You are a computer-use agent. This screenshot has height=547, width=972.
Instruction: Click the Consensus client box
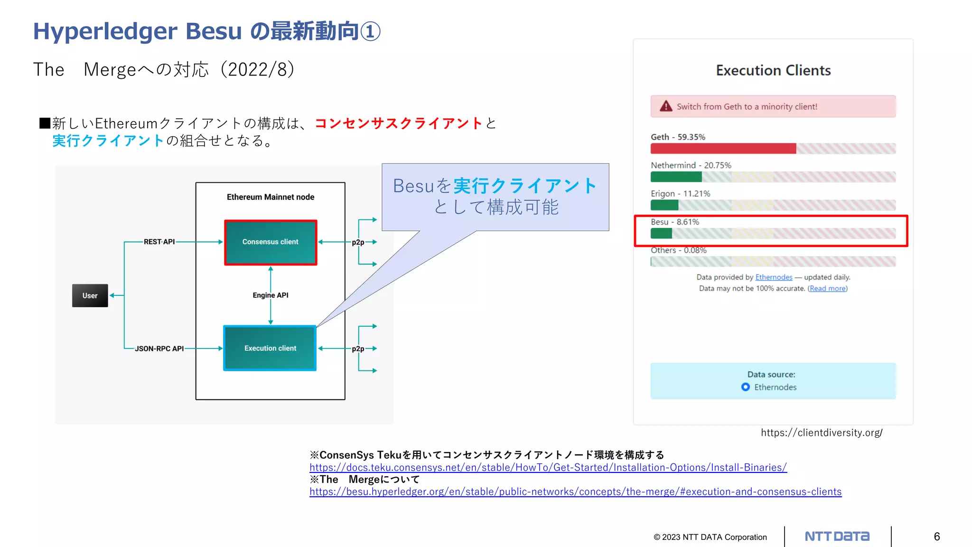271,242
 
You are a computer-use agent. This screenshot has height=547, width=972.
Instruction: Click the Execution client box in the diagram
270,348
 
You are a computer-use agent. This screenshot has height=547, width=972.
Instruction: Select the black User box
90,295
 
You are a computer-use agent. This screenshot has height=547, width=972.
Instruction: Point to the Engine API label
271,295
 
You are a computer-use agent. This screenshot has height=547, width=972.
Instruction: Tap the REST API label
159,242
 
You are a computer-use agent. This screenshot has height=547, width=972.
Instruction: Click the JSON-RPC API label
159,349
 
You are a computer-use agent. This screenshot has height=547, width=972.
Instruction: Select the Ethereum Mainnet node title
271,197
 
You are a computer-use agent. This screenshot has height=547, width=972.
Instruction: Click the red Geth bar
723,149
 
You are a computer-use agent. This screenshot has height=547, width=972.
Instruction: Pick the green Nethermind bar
676,177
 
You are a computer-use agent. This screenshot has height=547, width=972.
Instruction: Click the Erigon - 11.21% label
680,194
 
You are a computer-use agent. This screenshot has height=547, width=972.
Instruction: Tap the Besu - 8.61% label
674,222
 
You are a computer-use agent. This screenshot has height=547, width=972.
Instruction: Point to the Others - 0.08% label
678,250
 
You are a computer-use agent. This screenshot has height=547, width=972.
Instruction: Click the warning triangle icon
666,106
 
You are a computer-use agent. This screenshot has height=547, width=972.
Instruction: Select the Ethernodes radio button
746,387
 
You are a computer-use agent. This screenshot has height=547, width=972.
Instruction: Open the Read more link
827,288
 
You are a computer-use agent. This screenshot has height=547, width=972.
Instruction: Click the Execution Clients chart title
773,70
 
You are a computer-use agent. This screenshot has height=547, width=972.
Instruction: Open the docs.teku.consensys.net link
548,467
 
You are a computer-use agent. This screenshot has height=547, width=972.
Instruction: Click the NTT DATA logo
837,537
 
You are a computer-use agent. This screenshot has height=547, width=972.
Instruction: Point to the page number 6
936,537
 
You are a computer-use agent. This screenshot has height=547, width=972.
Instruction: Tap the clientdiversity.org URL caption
822,433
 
